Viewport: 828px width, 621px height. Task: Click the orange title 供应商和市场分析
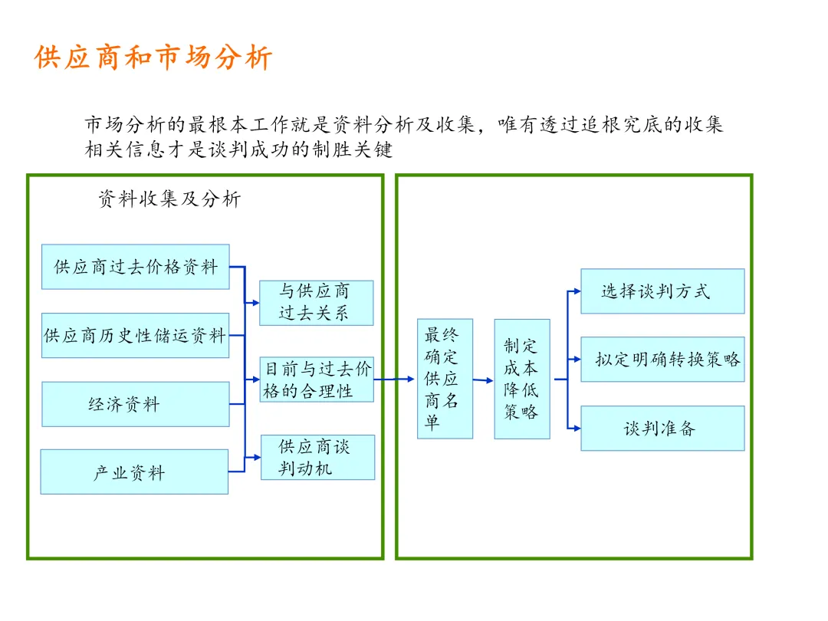[153, 58]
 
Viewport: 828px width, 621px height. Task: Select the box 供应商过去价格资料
[135, 267]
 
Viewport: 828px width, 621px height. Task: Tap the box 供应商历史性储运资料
[135, 335]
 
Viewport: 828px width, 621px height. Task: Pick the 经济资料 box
[135, 404]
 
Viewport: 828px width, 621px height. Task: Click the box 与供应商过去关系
[316, 303]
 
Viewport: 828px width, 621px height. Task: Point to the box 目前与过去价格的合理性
[316, 379]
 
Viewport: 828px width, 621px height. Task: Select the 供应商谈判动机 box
[317, 457]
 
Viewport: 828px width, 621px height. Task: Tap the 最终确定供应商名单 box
[445, 379]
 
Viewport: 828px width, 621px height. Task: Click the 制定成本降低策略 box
[522, 379]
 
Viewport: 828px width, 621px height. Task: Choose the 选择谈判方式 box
[662, 291]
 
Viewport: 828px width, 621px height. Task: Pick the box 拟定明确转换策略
[662, 359]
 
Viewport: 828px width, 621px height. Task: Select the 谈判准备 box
[662, 428]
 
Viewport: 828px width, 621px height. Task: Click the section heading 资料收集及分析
[169, 199]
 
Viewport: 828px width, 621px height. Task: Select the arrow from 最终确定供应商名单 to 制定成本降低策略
[483, 380]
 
